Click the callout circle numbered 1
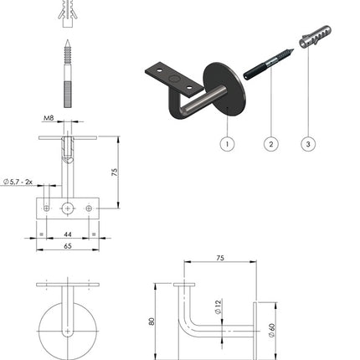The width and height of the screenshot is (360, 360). tap(225, 143)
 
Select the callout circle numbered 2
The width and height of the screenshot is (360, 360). tap(270, 143)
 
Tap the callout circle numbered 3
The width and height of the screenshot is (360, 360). tap(308, 143)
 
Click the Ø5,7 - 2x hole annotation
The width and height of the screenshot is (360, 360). tap(18, 181)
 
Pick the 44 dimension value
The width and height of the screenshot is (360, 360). tap(67, 236)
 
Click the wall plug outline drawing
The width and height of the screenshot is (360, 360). tap(67, 11)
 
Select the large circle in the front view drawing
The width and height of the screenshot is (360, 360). tap(67, 328)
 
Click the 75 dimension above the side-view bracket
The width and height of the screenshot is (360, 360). tap(220, 259)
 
